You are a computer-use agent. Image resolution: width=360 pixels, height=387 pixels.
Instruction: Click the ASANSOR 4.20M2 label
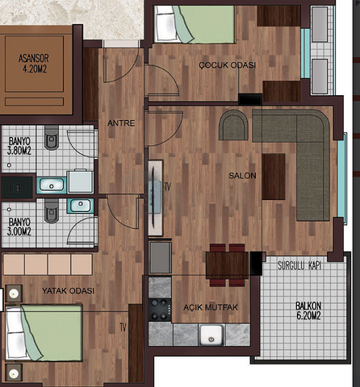(x=34, y=64)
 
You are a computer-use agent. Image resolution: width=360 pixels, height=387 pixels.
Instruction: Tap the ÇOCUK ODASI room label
(x=228, y=65)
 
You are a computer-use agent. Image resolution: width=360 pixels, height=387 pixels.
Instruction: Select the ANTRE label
(x=121, y=123)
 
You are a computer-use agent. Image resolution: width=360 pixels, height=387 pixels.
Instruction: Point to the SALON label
(x=242, y=176)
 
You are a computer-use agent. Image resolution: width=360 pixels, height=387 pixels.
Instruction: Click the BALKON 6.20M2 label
(x=308, y=310)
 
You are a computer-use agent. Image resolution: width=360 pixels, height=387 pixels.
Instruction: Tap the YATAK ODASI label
(x=68, y=291)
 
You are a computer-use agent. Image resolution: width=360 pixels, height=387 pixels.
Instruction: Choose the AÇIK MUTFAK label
(x=211, y=307)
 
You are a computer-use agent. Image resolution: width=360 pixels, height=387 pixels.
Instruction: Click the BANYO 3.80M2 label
(x=19, y=146)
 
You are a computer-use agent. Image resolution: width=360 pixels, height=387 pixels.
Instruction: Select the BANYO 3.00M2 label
(x=19, y=227)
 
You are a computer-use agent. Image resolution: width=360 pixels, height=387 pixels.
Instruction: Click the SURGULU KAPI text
(x=299, y=266)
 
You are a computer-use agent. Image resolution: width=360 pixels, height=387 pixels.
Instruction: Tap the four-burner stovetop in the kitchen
(x=160, y=310)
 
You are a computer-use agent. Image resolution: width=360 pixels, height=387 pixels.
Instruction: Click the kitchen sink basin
(x=211, y=335)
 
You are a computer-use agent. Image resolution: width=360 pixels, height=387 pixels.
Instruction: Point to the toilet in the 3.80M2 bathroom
(x=52, y=138)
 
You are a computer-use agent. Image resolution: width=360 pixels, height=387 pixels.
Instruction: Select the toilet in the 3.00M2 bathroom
(x=52, y=211)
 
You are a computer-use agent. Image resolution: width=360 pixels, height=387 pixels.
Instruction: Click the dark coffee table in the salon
(x=274, y=177)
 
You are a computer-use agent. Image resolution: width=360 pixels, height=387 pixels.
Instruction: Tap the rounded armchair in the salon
(x=233, y=125)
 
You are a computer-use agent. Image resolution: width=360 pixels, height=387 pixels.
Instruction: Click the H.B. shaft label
(x=15, y=189)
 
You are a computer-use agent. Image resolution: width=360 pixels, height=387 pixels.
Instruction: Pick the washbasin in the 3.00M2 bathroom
(x=81, y=206)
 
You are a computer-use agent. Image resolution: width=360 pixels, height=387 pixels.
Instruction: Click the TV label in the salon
(x=168, y=187)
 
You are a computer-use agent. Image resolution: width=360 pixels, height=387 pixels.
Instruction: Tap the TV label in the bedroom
(x=123, y=327)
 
